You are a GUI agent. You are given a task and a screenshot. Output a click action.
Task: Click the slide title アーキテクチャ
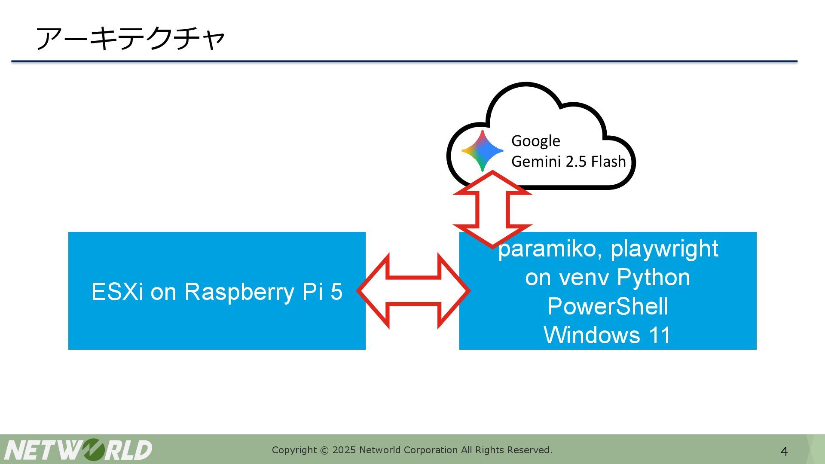[x=130, y=38]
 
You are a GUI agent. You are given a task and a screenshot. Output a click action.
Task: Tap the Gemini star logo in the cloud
[x=482, y=151]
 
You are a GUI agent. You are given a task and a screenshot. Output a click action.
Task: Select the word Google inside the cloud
[x=535, y=141]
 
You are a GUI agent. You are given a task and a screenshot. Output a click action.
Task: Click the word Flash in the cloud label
[x=608, y=162]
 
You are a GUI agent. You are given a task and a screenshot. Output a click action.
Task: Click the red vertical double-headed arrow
[x=492, y=209]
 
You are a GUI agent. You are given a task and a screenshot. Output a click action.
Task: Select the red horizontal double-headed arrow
[x=413, y=291]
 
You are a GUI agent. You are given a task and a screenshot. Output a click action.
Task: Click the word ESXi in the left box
[x=117, y=292]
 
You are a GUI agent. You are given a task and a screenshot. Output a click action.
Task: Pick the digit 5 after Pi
[x=336, y=292]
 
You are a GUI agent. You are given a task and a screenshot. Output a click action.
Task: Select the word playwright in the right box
[x=664, y=249]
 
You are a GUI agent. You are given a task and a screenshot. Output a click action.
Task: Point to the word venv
[x=583, y=278]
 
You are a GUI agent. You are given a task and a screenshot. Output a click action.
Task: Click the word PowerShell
[x=608, y=306]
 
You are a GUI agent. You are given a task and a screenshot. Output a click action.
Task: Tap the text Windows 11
[x=607, y=335]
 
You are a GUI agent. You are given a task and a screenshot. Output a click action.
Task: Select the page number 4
[x=784, y=452]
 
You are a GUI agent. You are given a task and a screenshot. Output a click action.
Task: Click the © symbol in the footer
[x=324, y=450]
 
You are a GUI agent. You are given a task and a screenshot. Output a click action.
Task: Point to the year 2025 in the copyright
[x=344, y=450]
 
